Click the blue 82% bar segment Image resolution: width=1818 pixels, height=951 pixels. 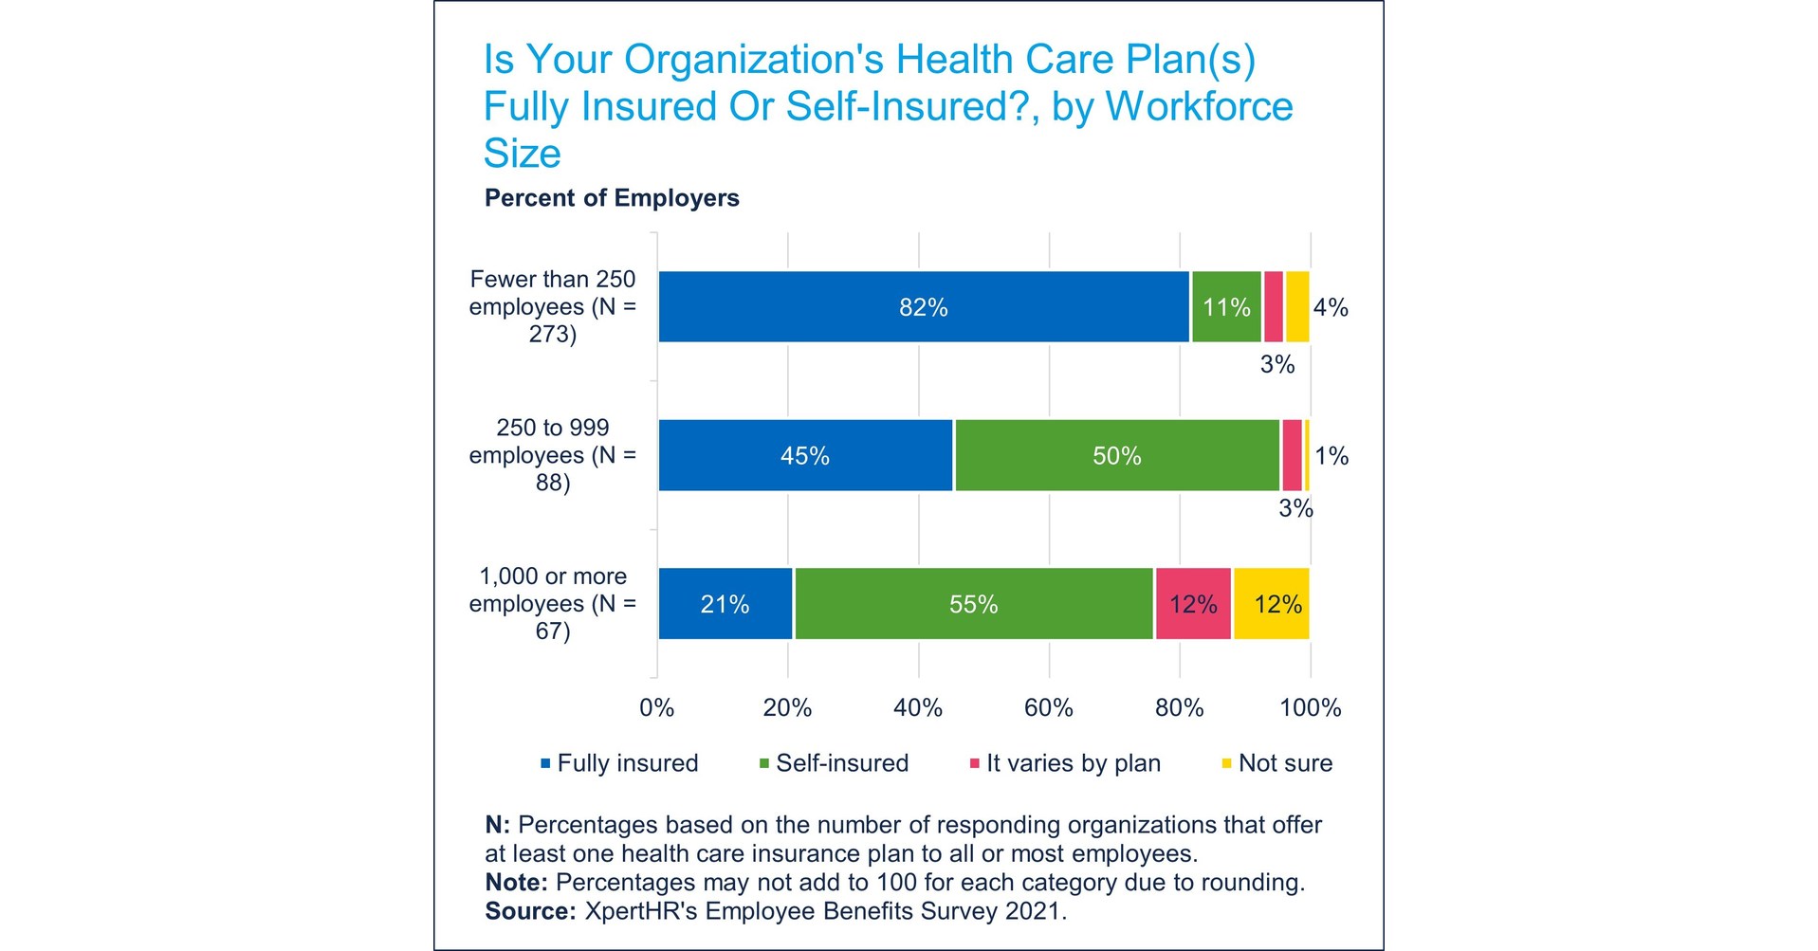[923, 306]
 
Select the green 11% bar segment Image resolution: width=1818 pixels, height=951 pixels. [1225, 306]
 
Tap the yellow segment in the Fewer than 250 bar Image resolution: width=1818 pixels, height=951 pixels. [1296, 306]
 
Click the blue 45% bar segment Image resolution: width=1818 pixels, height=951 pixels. [804, 455]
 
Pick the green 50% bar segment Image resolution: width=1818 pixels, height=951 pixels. [1116, 455]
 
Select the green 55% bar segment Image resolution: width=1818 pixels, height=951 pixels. [973, 604]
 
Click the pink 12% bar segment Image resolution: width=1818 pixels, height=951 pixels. [1192, 604]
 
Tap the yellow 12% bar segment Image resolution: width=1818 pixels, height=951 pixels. [1271, 604]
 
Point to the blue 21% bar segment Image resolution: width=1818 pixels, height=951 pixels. [725, 604]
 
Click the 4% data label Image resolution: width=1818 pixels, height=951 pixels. [1330, 307]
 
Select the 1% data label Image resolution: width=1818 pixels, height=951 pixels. [1331, 456]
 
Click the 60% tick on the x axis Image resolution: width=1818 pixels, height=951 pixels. [1048, 707]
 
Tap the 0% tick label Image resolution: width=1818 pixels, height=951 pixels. [656, 707]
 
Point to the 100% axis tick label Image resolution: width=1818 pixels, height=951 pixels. [1310, 707]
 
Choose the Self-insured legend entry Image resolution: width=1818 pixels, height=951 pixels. [840, 763]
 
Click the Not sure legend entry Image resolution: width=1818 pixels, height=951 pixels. [1284, 763]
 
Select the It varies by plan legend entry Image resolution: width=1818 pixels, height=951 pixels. [1072, 763]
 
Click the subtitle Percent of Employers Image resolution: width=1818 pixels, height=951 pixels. [612, 198]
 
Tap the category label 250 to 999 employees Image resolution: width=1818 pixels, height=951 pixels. [552, 455]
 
